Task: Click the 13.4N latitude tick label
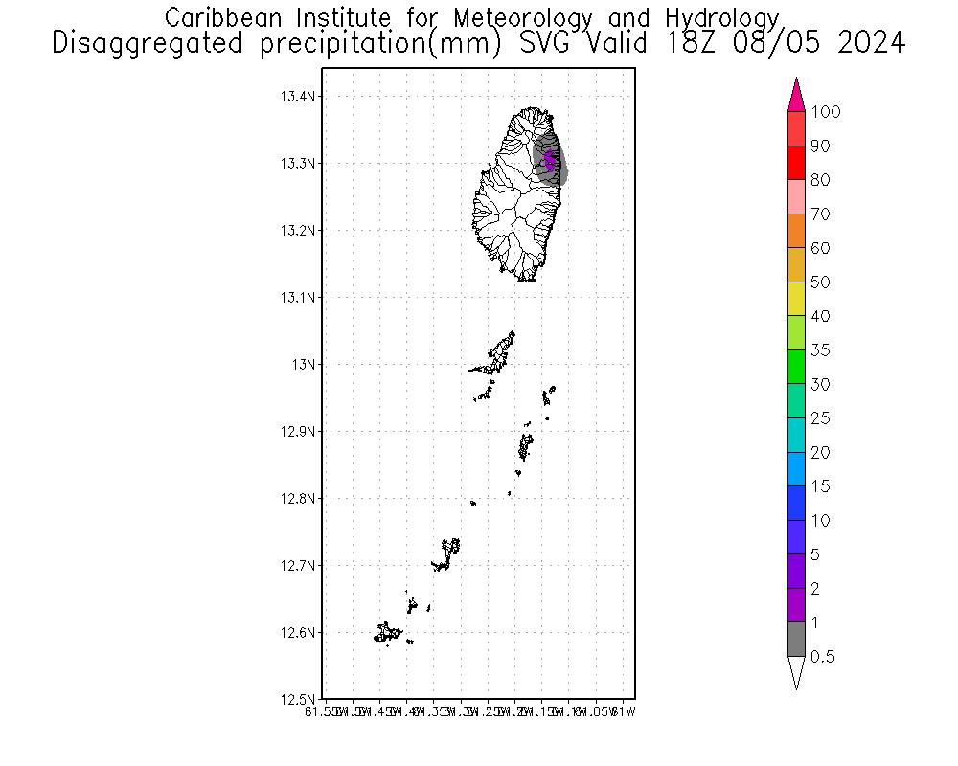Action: [x=299, y=97]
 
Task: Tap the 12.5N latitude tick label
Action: [x=299, y=700]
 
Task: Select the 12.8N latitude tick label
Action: [x=299, y=499]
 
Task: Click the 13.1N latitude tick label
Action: [x=299, y=298]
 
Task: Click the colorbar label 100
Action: [x=825, y=112]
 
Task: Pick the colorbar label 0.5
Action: [x=823, y=657]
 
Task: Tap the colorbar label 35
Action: [x=820, y=350]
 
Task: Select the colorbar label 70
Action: [x=820, y=214]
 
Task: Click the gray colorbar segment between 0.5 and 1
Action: [x=796, y=640]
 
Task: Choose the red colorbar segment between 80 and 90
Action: [x=796, y=163]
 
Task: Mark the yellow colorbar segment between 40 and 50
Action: [x=796, y=299]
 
